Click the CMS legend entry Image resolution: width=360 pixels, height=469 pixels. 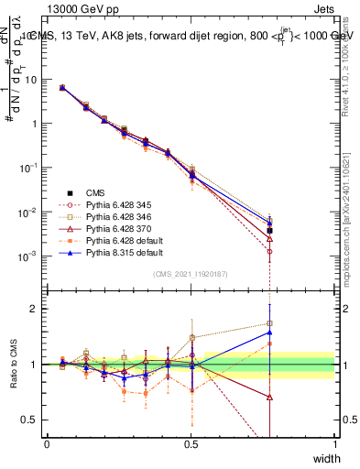click(x=95, y=192)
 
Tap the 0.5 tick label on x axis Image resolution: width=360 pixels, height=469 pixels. click(x=191, y=443)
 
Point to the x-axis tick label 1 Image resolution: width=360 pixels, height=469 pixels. click(x=335, y=443)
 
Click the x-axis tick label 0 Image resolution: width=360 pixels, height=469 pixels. click(x=47, y=443)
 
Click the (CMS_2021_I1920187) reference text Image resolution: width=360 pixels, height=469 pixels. click(x=191, y=273)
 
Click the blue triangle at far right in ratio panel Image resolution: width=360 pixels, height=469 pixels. click(x=270, y=333)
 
